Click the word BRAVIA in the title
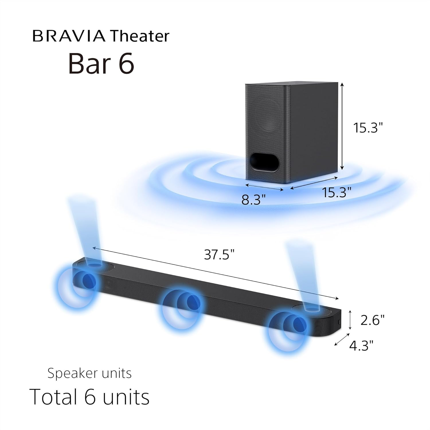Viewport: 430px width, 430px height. (69, 36)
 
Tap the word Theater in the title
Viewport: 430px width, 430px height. (140, 36)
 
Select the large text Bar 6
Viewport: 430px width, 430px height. (101, 64)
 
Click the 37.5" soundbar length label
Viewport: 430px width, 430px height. (219, 254)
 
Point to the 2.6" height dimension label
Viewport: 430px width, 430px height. (372, 320)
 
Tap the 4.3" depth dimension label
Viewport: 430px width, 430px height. (361, 345)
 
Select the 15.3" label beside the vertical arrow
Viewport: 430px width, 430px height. (368, 128)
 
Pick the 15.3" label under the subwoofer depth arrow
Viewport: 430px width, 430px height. (337, 192)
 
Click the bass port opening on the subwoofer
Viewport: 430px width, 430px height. (264, 163)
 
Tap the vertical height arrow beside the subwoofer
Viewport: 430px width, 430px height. (341, 126)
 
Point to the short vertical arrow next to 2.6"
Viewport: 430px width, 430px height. (350, 320)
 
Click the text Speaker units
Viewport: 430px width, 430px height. (89, 374)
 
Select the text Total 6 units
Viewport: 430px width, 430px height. (89, 397)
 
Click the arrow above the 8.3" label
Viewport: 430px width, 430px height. (265, 187)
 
